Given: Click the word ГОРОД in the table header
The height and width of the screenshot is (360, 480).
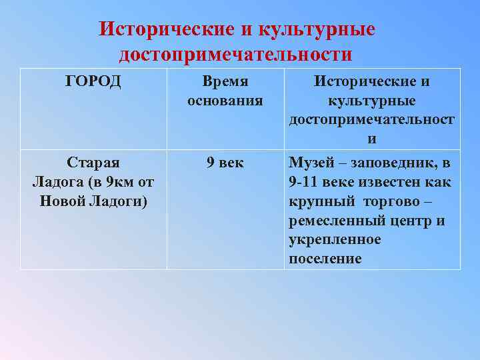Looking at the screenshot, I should [x=93, y=82].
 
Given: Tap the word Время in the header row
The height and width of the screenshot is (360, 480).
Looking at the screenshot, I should [x=225, y=82].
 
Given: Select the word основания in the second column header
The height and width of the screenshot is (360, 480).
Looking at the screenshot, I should [x=225, y=101].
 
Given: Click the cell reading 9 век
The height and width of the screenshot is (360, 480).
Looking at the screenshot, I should [x=225, y=163].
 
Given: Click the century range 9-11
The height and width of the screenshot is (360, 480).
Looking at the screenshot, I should [x=305, y=183].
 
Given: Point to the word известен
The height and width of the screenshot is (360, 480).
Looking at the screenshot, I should [x=390, y=183].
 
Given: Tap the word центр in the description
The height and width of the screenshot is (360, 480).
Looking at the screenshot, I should [x=408, y=221].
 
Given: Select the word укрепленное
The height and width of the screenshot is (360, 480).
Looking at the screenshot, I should [x=335, y=240].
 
